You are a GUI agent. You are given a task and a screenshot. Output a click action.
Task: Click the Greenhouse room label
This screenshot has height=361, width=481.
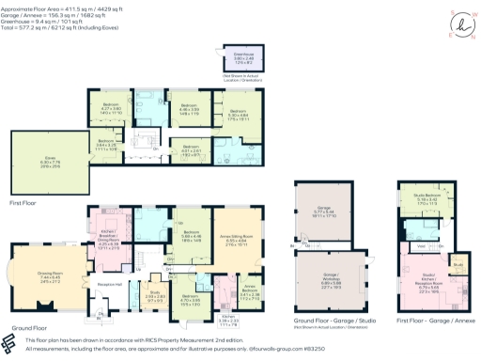click(230, 56)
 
